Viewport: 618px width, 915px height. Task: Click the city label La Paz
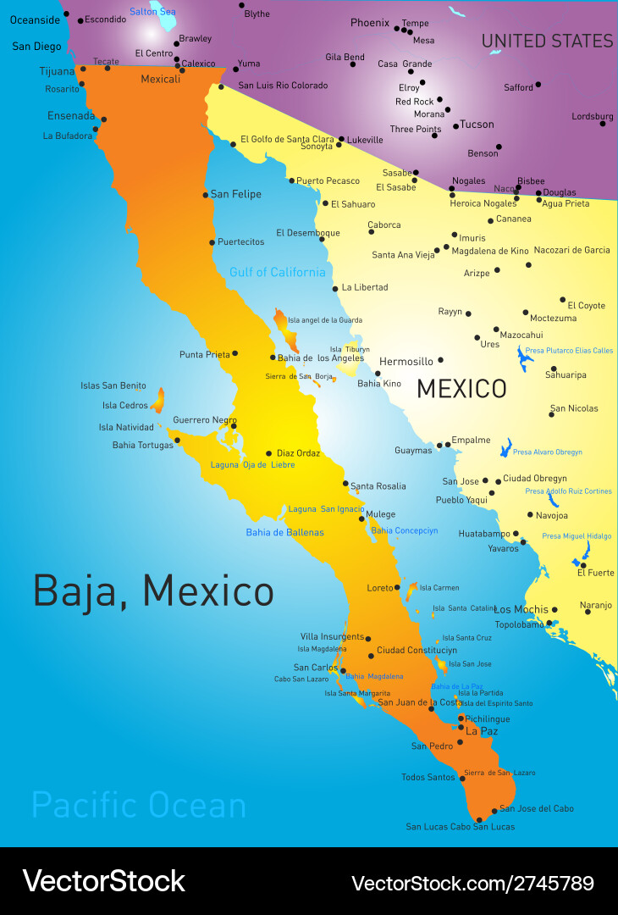[x=482, y=731]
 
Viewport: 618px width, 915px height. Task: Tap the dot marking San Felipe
[x=205, y=195]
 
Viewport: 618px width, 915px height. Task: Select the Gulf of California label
[x=277, y=272]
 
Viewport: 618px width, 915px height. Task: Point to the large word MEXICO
[x=461, y=389]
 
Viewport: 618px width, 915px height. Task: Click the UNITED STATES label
[x=547, y=41]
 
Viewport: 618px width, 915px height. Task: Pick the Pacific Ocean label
[x=139, y=805]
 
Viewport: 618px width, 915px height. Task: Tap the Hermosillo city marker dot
[x=440, y=360]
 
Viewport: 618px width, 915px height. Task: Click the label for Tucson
[x=477, y=125]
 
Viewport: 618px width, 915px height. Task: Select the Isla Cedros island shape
[x=157, y=400]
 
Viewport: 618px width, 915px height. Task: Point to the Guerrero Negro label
[x=205, y=420]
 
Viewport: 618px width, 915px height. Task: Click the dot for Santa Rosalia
[x=345, y=484]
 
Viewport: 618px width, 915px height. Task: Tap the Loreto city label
[x=380, y=588]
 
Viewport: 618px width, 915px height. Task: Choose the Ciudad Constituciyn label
[x=417, y=651]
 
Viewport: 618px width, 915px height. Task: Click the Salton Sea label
[x=152, y=12]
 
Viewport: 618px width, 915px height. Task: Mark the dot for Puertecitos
[x=212, y=242]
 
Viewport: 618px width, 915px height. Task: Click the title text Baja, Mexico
[x=153, y=591]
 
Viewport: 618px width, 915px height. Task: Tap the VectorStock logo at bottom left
[x=103, y=881]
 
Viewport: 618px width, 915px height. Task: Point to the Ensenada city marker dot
[x=103, y=119]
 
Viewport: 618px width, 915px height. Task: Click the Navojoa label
[x=552, y=515]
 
